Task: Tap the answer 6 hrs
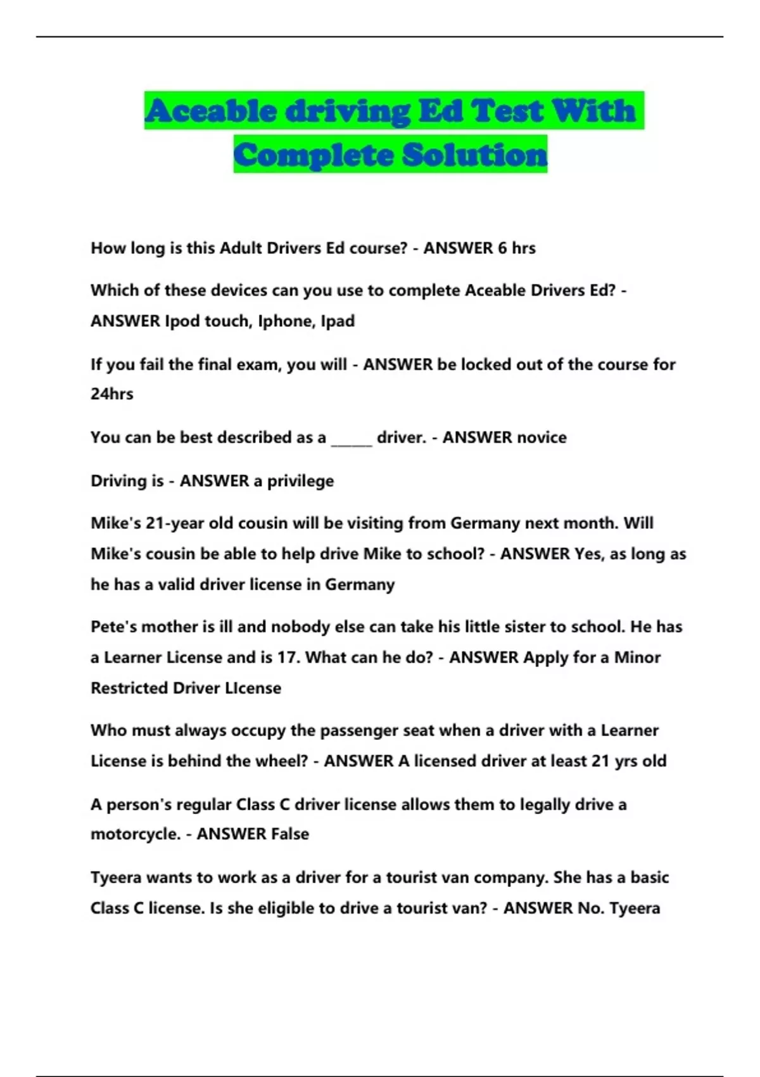(516, 248)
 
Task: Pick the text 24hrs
(112, 394)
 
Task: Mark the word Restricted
(129, 688)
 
